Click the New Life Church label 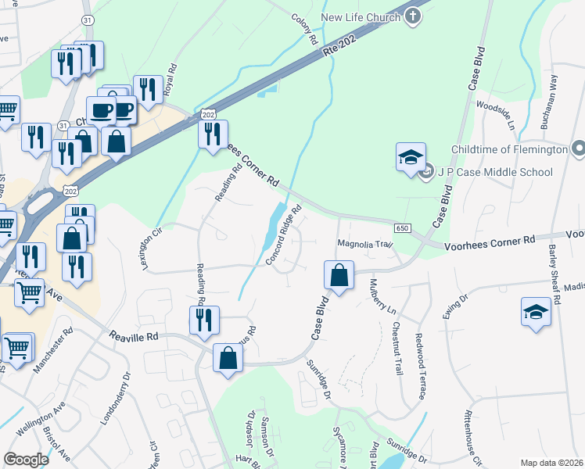tap(359, 17)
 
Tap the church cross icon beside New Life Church tap(414, 16)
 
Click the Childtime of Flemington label tap(508, 149)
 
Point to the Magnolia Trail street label tap(363, 244)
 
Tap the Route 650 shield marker tap(402, 227)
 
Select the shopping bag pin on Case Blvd tap(339, 276)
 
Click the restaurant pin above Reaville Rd tap(204, 320)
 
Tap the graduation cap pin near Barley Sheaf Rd tap(536, 312)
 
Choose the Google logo tap(27, 460)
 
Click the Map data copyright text tap(551, 463)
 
